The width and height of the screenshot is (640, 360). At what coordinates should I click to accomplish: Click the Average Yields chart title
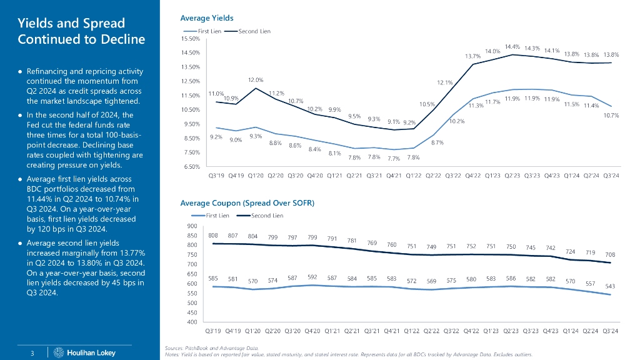[206, 18]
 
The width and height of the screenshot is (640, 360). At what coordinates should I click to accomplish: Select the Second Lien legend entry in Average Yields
[254, 31]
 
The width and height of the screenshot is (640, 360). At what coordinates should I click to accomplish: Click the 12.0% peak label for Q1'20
[256, 80]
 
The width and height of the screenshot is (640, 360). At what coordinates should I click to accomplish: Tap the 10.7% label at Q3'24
[611, 115]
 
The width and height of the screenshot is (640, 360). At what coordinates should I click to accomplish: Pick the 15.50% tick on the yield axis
[191, 39]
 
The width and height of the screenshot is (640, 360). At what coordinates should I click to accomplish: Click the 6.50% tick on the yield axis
[191, 167]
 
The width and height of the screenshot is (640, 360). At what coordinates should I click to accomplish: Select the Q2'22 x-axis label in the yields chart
[432, 176]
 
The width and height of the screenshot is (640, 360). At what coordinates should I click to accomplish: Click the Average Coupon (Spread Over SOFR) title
[247, 203]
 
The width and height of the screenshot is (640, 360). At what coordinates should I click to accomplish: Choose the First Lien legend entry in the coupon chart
[217, 216]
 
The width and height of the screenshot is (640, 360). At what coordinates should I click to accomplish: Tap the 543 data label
[611, 286]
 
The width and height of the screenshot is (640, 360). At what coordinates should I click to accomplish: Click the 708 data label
[611, 254]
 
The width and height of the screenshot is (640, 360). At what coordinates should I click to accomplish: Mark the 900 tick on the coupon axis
[192, 226]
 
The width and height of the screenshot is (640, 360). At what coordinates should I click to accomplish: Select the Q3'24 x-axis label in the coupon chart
[611, 331]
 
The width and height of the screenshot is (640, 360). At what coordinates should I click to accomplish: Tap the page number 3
[32, 353]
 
